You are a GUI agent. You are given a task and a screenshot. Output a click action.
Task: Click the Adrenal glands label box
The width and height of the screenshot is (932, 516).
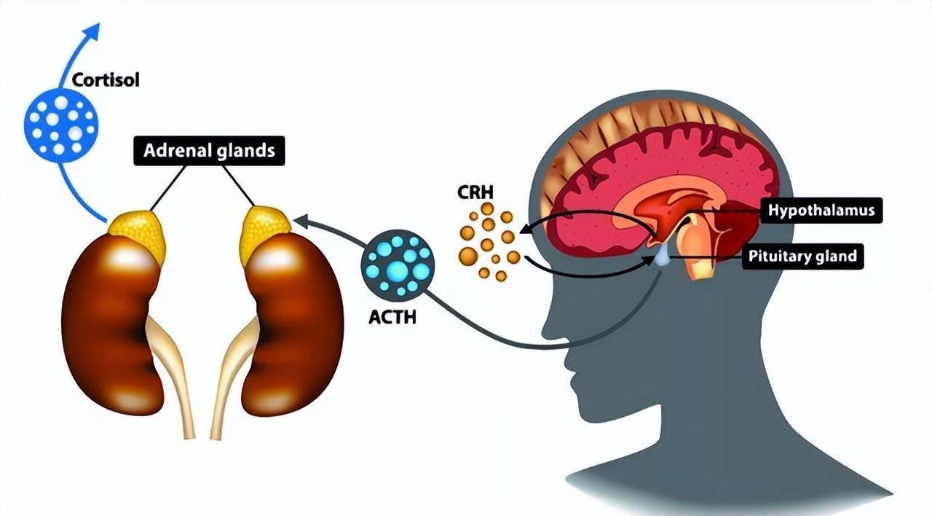coord(209,151)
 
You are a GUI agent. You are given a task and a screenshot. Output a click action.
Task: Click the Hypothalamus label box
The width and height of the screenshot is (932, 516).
coord(821,211)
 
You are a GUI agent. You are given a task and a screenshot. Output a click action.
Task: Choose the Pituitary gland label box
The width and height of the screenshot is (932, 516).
coord(802,257)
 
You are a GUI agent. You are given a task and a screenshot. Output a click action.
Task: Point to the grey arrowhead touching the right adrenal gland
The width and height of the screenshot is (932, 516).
coord(300,220)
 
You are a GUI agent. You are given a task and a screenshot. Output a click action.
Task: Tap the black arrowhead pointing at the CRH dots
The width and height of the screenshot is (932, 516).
coord(524,233)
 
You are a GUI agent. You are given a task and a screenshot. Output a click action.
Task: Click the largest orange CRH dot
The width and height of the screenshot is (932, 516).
coord(468,256)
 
